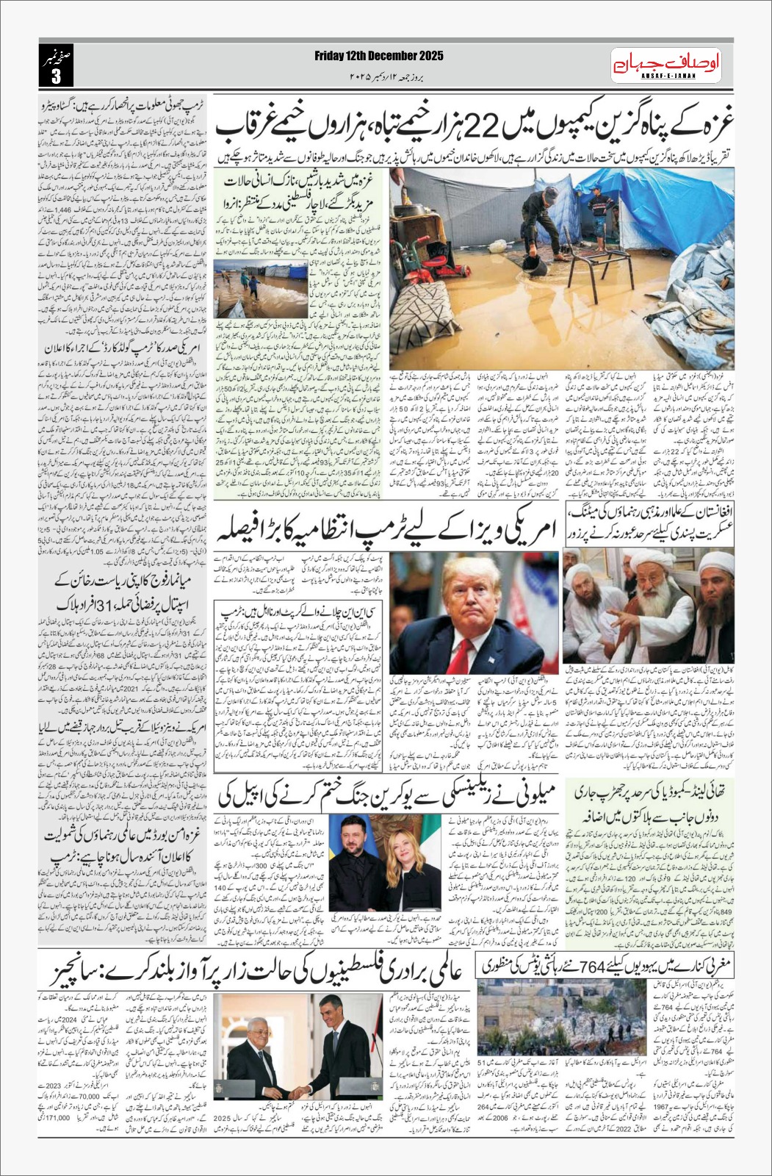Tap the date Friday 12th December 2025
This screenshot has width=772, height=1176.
379,55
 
